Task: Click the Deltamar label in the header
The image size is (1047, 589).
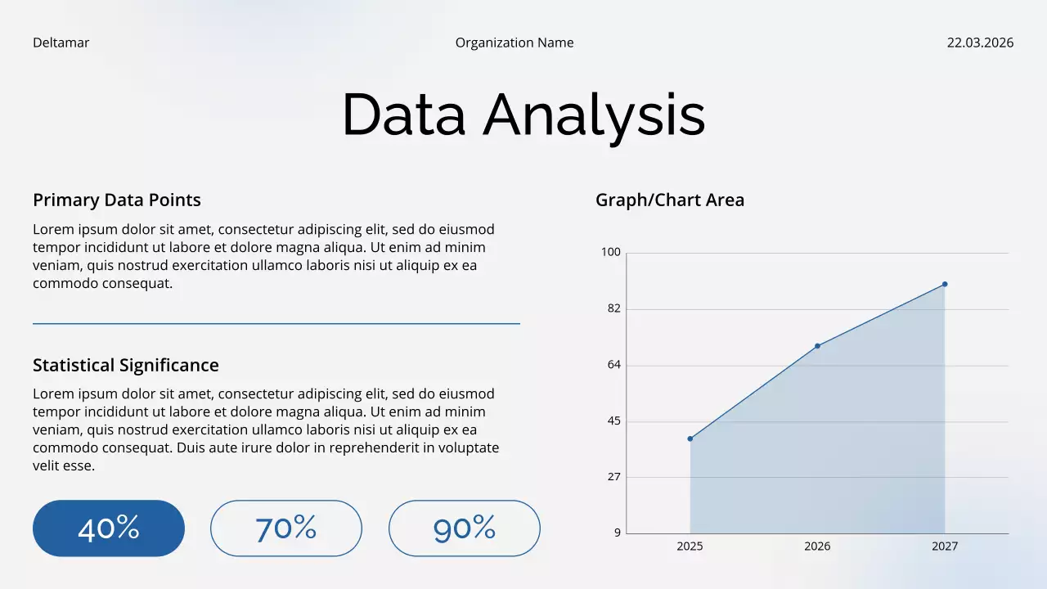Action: tap(61, 43)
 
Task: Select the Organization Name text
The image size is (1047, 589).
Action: tap(515, 43)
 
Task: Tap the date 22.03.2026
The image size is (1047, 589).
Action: tap(980, 43)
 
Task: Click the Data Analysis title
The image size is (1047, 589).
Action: tap(523, 115)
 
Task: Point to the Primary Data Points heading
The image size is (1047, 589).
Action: tap(117, 200)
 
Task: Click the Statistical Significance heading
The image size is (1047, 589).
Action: tap(126, 366)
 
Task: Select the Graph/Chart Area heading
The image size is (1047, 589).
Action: tap(670, 200)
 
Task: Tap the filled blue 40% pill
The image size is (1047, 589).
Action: tap(109, 528)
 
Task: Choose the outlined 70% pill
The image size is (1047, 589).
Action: tap(286, 528)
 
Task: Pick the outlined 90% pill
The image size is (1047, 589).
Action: tap(465, 528)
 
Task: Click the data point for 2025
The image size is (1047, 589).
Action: tap(690, 439)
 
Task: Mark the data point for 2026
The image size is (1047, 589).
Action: tap(817, 346)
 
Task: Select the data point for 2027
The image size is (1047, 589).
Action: tap(945, 284)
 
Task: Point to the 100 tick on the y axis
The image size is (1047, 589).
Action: tap(611, 252)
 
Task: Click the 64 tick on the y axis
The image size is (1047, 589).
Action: tap(613, 365)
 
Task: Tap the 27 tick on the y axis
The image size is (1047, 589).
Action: tap(613, 477)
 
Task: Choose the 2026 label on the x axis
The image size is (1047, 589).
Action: tap(817, 546)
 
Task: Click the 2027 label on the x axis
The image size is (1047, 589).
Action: tap(945, 546)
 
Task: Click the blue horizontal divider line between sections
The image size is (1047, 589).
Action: tap(276, 324)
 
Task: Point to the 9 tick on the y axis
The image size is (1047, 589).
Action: tap(618, 533)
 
